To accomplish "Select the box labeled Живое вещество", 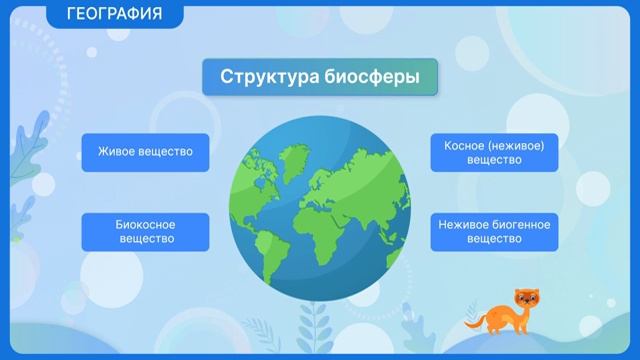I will click(x=145, y=153).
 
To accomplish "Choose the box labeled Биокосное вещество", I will click(x=145, y=232).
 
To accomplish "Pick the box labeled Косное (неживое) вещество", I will click(x=494, y=153).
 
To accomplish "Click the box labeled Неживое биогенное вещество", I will click(x=494, y=232).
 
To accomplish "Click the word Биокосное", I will click(x=145, y=225).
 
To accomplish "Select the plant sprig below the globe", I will click(x=317, y=325).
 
